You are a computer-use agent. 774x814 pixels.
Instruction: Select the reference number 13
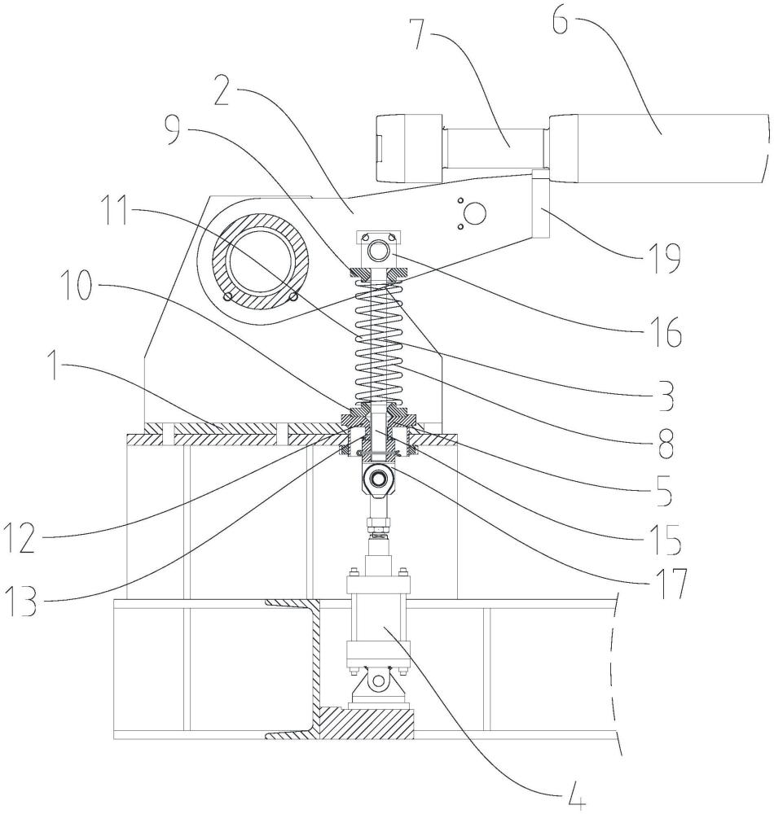point(20,602)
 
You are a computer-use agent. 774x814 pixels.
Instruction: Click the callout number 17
point(670,583)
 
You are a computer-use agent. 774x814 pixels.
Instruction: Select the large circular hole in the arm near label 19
point(475,212)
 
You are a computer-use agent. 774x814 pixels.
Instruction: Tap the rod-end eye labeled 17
point(379,475)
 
